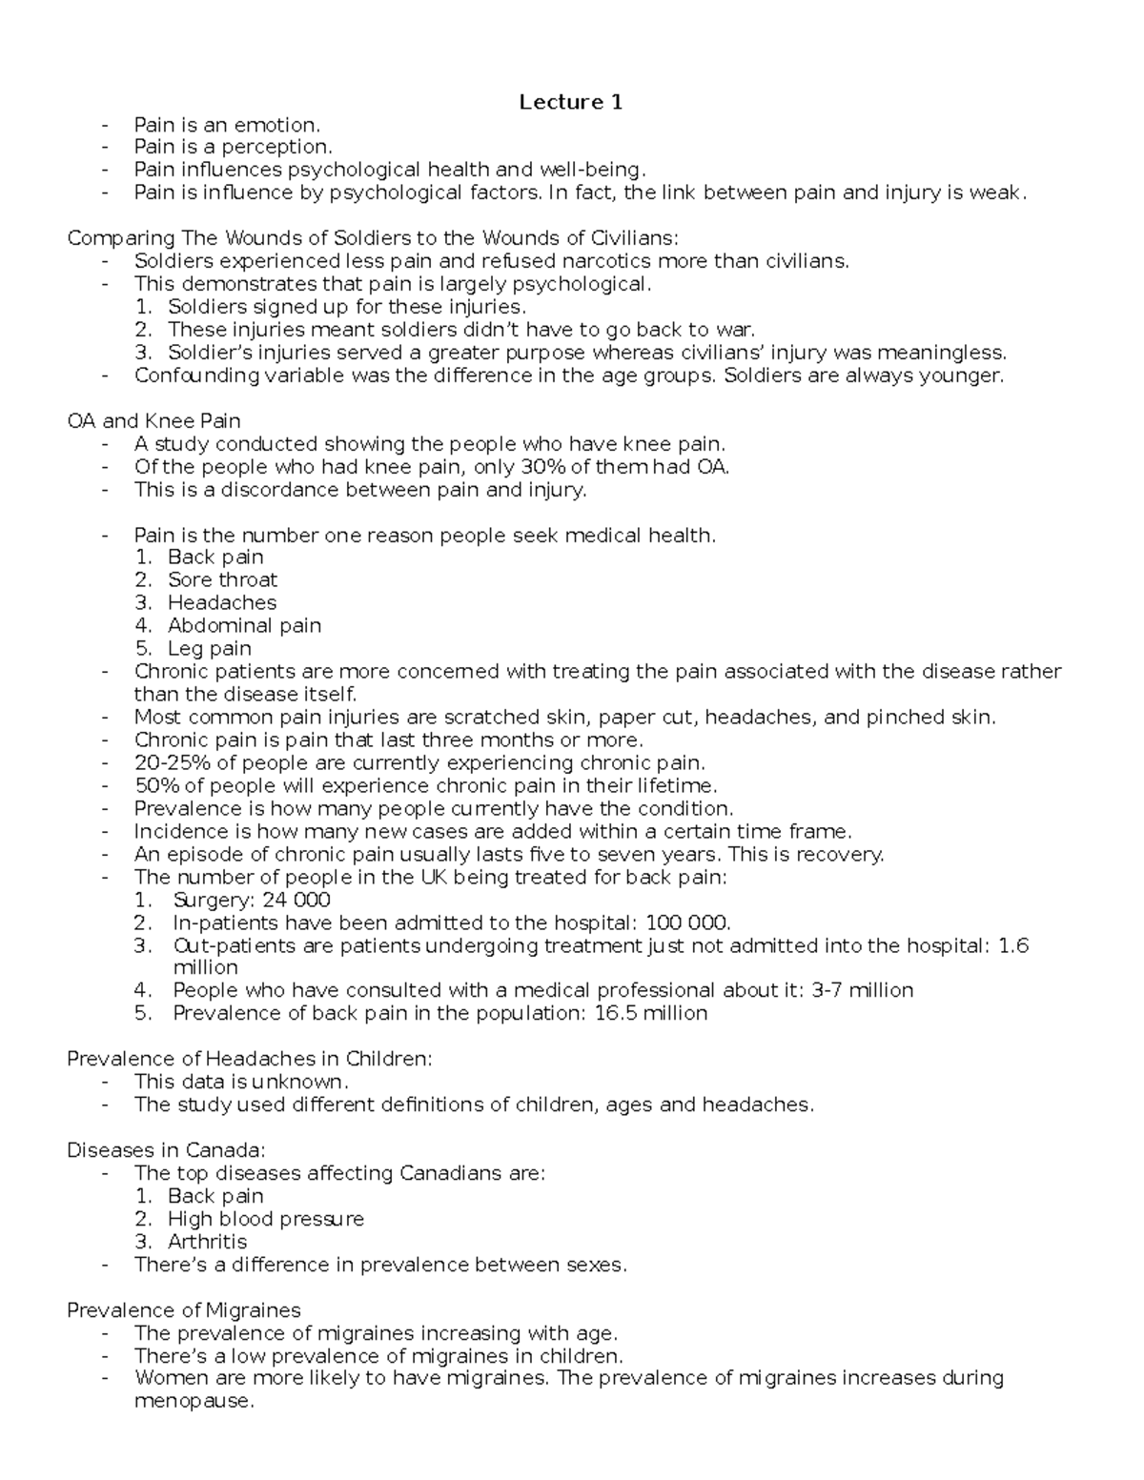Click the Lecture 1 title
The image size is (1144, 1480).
click(x=570, y=102)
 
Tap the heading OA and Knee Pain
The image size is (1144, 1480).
click(x=153, y=421)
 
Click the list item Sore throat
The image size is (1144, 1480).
click(x=222, y=580)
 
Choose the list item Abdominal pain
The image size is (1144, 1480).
click(x=244, y=626)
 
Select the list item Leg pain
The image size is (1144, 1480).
click(x=210, y=649)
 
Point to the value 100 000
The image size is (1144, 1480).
click(x=687, y=923)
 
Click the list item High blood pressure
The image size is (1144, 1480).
click(x=265, y=1219)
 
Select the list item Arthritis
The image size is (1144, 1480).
click(x=207, y=1242)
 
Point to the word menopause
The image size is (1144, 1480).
click(x=194, y=1402)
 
